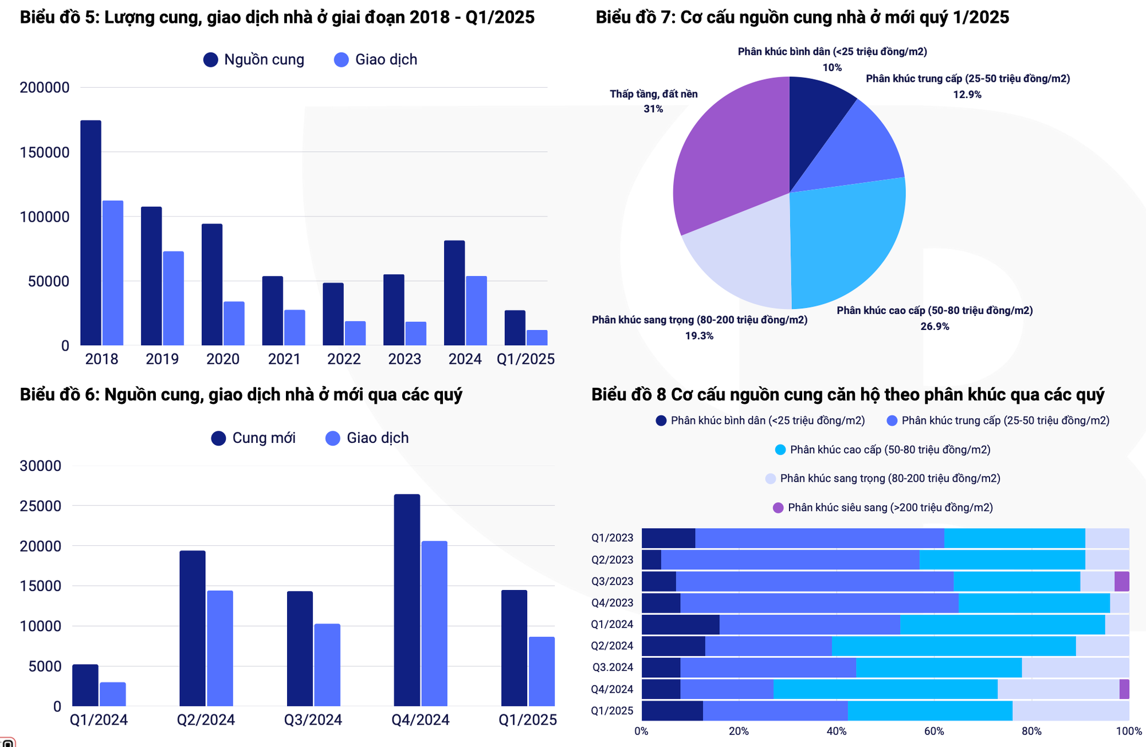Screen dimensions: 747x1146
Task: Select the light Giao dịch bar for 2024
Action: [x=476, y=310]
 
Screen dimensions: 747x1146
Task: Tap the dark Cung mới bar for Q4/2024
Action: [x=407, y=600]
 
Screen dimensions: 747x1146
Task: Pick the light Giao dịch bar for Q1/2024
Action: [x=113, y=694]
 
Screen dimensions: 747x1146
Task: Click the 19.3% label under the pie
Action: [x=699, y=336]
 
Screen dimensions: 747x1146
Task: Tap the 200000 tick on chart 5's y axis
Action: [x=45, y=88]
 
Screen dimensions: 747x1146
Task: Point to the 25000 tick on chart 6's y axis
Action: [x=40, y=506]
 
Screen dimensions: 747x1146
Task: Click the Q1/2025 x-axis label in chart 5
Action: [x=525, y=359]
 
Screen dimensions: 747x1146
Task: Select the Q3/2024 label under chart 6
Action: [x=313, y=720]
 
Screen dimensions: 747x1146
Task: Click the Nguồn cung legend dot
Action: [x=211, y=60]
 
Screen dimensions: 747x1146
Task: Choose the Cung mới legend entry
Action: [x=253, y=438]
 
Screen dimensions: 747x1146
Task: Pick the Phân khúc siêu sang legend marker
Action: [x=778, y=508]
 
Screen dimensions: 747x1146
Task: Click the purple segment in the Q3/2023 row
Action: [x=1121, y=581]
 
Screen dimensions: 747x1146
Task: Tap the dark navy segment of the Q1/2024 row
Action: [x=680, y=624]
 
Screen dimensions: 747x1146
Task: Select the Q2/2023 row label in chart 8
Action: [x=612, y=560]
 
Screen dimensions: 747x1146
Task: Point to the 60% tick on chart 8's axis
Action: [x=934, y=732]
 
